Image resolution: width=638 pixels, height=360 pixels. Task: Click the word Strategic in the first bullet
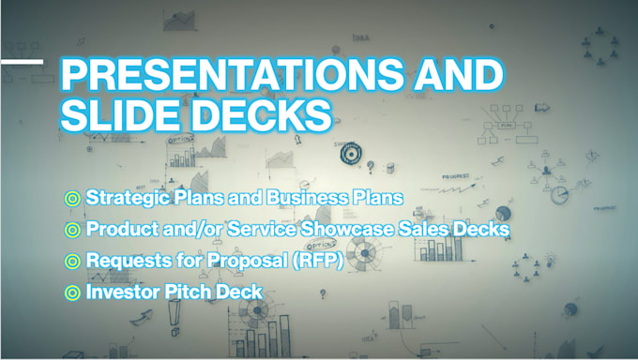125,199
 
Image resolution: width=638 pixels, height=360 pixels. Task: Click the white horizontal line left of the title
21,62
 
